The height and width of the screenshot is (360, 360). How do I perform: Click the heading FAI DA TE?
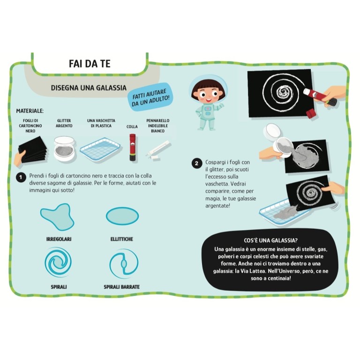[90, 64]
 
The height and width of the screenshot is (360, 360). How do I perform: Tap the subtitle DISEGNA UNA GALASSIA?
[89, 88]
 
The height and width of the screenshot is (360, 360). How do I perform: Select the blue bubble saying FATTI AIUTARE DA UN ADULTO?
[150, 97]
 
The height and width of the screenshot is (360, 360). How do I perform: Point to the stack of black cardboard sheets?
[33, 149]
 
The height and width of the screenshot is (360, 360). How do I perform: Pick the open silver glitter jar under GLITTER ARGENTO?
[64, 148]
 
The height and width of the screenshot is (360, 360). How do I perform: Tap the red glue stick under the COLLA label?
[133, 147]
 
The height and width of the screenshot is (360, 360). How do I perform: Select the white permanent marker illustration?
[158, 148]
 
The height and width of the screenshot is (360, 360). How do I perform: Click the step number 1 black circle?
[21, 177]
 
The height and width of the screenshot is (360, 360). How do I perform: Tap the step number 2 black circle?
[196, 163]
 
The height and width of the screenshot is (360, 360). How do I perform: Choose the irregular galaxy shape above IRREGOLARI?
[57, 217]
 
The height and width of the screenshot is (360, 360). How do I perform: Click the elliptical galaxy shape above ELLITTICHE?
[122, 216]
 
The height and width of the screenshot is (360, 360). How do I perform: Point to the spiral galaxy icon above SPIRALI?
[58, 262]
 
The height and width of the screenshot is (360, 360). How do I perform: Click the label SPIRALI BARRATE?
[122, 287]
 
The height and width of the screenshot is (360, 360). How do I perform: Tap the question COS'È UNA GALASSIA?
[270, 240]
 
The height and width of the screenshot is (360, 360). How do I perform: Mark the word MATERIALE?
[30, 111]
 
